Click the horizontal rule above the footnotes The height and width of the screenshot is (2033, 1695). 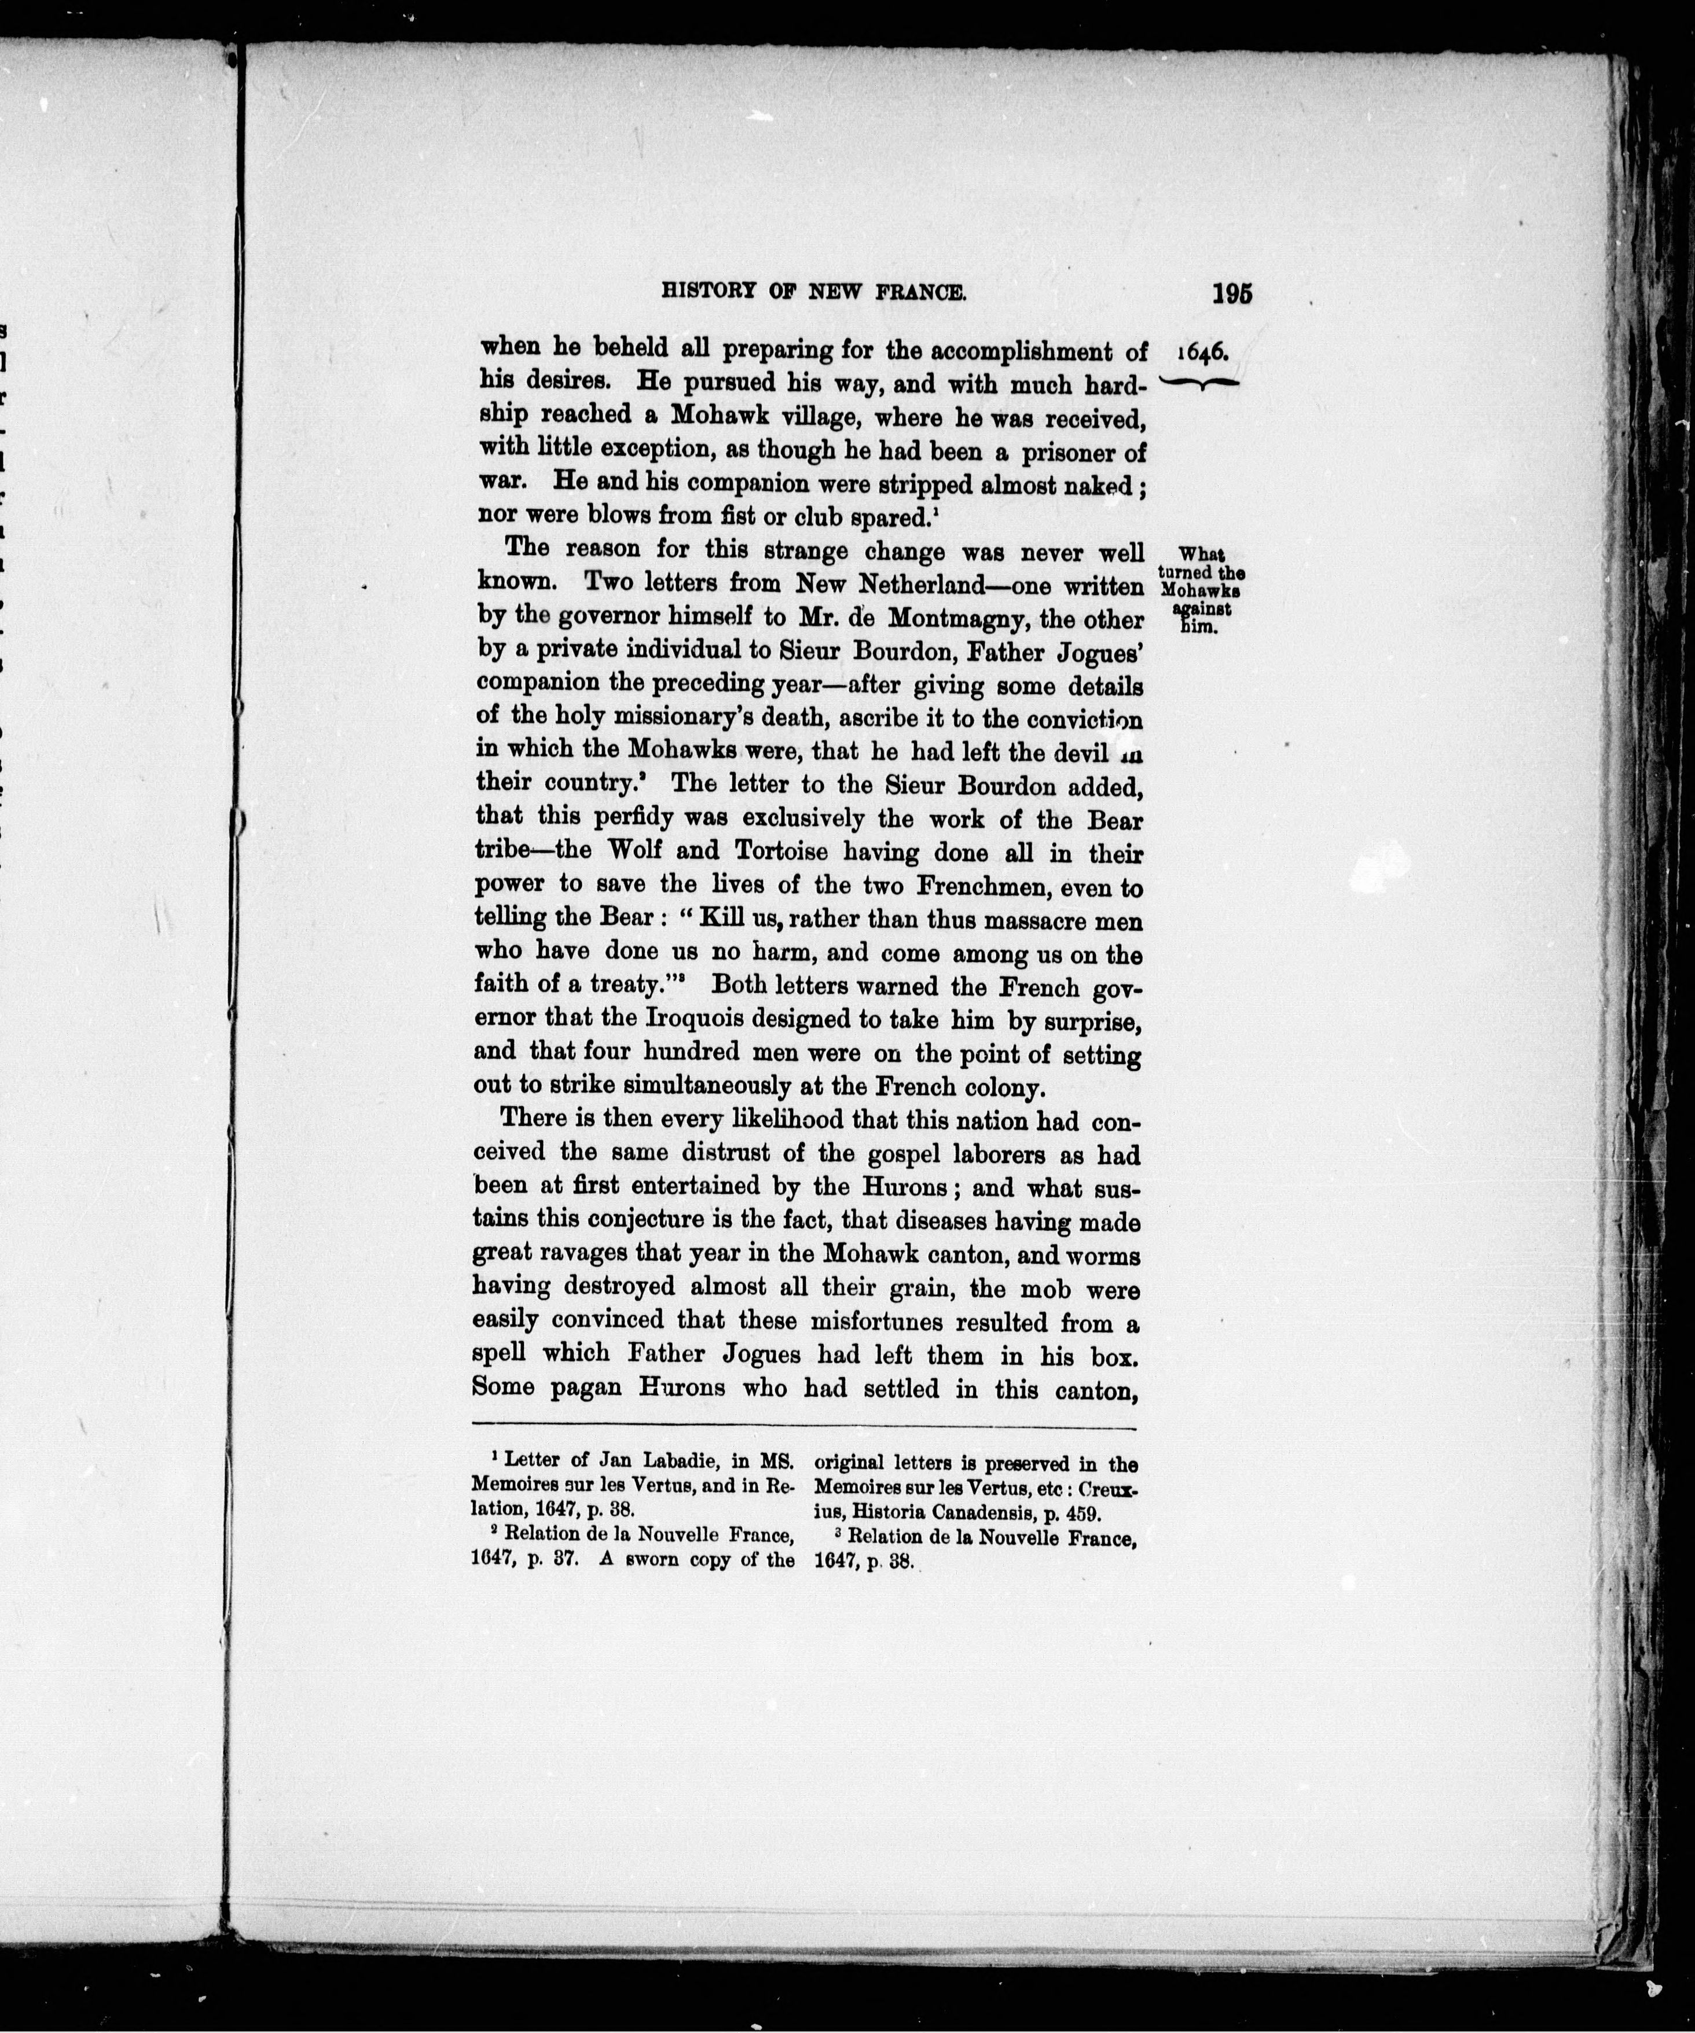click(x=804, y=1429)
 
